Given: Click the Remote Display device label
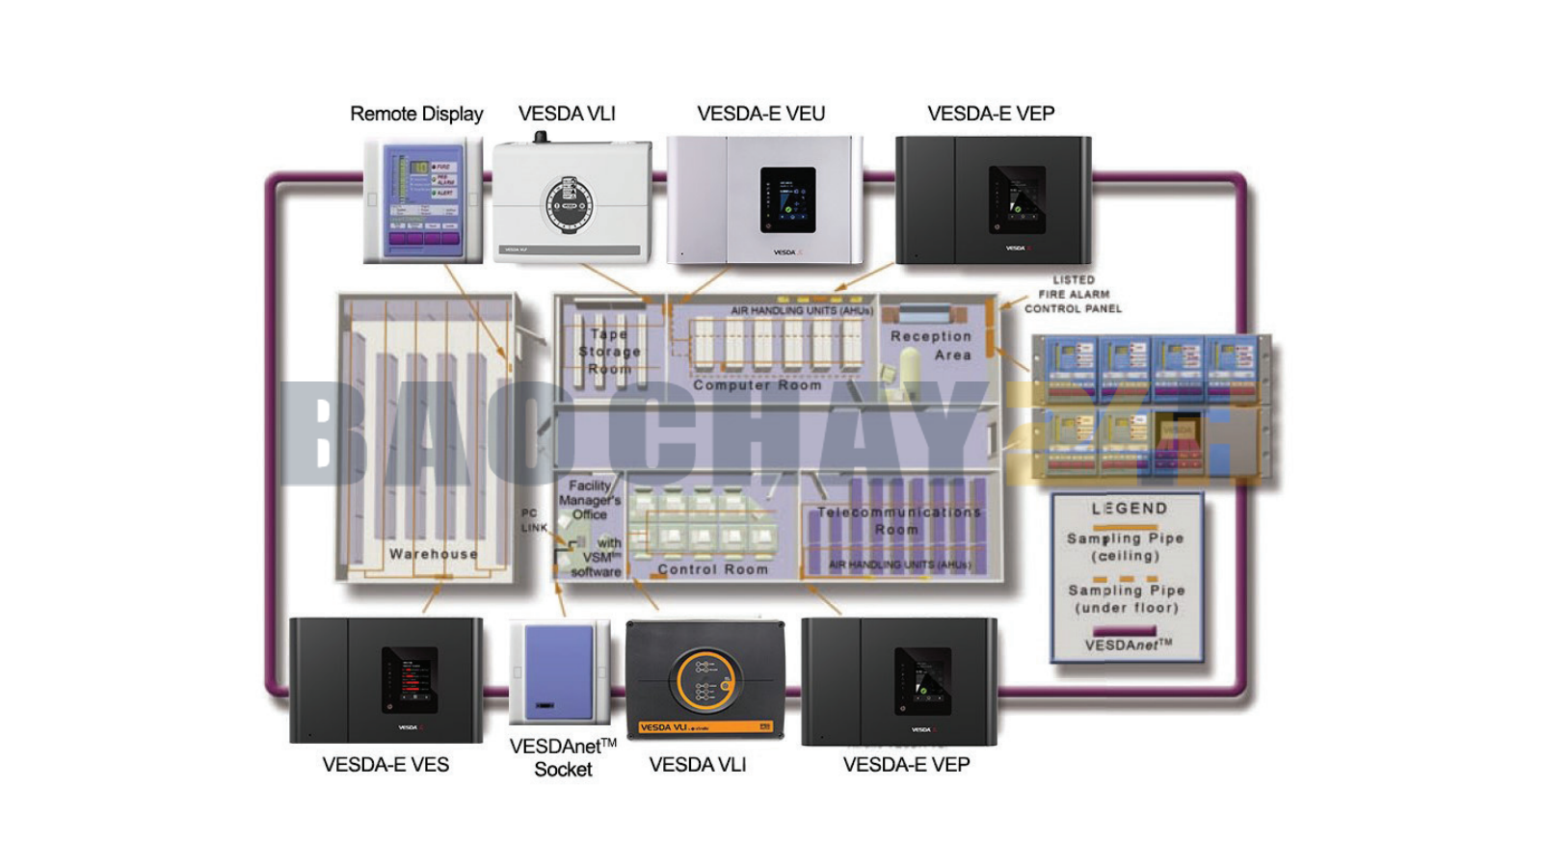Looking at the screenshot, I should click(416, 114).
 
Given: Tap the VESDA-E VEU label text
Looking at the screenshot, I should click(760, 114).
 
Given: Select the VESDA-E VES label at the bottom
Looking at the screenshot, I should click(385, 764).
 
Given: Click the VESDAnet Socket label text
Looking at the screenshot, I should click(563, 757).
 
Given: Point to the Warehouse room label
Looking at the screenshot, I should click(433, 554).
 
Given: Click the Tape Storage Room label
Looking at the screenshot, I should click(609, 352).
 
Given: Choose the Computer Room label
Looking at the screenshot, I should click(758, 384).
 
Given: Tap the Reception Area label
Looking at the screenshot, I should click(931, 345).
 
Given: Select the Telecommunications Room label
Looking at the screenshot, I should click(898, 521).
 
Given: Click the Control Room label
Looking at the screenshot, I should click(712, 569).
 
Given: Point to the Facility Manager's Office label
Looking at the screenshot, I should click(590, 500).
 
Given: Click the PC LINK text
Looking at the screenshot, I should click(533, 520).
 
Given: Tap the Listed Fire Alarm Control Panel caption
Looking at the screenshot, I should click(1073, 295).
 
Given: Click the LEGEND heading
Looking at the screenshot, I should click(1129, 508).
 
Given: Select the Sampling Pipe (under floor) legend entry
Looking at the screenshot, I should click(1127, 598).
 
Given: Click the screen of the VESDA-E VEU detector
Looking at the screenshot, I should click(787, 200).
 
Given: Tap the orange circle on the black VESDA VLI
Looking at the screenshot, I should click(705, 680).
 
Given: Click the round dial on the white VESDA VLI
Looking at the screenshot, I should click(569, 205).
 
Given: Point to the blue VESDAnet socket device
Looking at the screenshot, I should click(559, 672).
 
